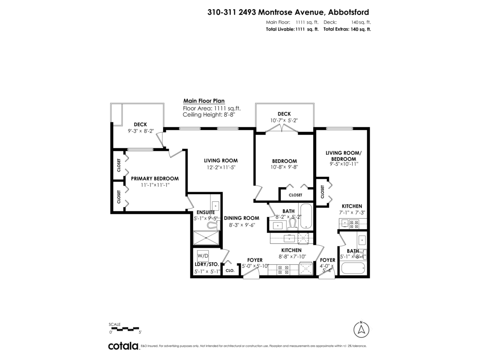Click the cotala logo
click(123, 346)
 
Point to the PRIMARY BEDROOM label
click(155, 178)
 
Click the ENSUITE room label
click(205, 212)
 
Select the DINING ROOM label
click(241, 218)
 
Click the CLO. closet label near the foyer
click(230, 271)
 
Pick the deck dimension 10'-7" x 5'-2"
click(284, 120)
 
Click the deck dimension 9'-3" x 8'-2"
click(140, 131)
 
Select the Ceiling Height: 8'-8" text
click(208, 115)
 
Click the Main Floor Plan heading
click(204, 101)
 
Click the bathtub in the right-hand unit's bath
click(352, 268)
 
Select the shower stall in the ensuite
click(206, 238)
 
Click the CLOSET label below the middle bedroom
click(296, 195)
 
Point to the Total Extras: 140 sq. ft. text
click(347, 29)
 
